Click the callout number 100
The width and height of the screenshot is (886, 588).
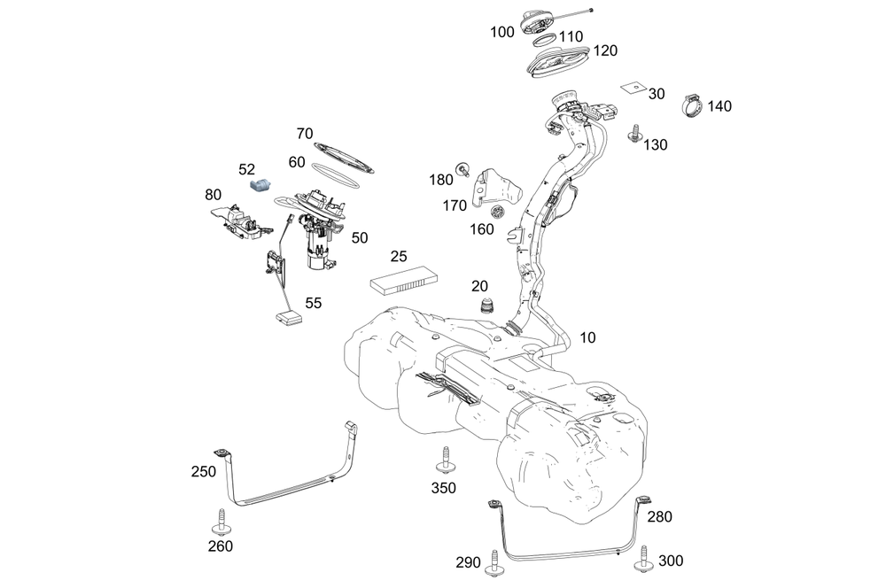[501, 32]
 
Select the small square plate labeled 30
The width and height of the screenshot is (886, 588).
[631, 88]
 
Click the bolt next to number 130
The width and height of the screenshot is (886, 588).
[634, 134]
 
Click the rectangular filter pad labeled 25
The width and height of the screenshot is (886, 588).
[403, 281]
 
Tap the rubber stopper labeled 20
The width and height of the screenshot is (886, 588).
[486, 307]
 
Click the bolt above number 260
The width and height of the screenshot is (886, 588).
[219, 521]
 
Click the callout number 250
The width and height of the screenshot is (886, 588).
[203, 472]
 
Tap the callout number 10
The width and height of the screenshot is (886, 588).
[589, 337]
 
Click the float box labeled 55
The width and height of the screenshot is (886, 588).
[289, 317]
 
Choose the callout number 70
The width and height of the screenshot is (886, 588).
[305, 134]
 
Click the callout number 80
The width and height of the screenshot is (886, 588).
[214, 194]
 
